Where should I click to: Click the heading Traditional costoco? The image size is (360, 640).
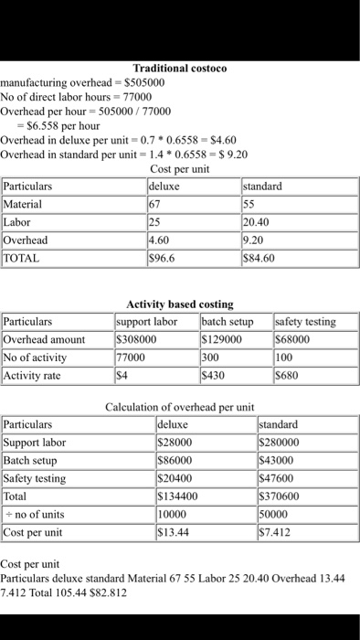[179, 68]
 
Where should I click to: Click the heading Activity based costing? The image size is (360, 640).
[179, 304]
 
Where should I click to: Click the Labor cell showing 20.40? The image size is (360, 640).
[259, 222]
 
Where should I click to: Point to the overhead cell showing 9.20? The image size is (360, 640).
[255, 240]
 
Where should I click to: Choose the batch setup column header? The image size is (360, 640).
[227, 322]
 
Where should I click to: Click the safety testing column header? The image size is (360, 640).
[305, 322]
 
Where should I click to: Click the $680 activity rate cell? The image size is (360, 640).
[287, 375]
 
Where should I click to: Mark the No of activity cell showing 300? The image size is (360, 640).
[212, 357]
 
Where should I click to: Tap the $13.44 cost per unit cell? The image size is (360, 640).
[174, 533]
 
